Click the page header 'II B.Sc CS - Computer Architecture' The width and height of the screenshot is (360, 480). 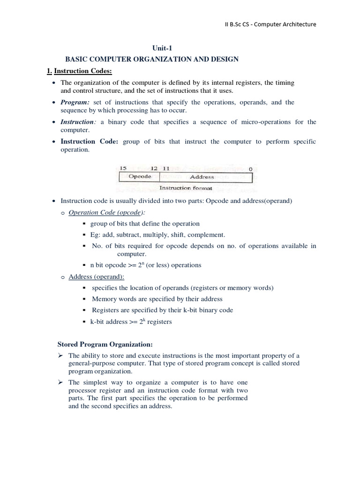270,24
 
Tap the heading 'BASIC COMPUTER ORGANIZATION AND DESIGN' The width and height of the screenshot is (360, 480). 152,59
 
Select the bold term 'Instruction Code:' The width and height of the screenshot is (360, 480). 90,142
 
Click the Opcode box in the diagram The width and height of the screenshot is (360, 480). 140,177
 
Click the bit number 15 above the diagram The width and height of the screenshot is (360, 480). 123,168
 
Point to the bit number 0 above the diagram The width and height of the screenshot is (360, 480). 250,168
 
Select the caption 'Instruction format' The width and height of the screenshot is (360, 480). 186,188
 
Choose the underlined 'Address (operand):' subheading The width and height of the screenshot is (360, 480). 96,277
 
